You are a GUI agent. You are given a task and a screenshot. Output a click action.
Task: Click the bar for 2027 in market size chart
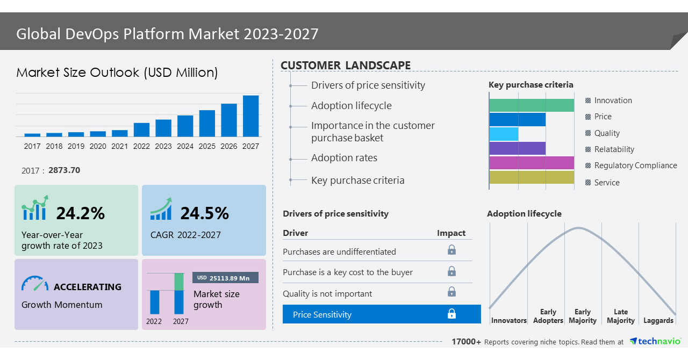pyautogui.click(x=250, y=116)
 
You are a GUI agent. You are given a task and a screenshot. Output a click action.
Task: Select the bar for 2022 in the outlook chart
pyautogui.click(x=141, y=129)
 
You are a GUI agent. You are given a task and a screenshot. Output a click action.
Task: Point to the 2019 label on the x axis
pyautogui.click(x=76, y=146)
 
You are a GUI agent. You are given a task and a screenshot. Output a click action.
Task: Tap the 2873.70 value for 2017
pyautogui.click(x=64, y=170)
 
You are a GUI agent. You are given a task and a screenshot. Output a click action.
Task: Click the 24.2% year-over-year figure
pyautogui.click(x=81, y=213)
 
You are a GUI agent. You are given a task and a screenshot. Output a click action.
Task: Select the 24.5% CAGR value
pyautogui.click(x=204, y=213)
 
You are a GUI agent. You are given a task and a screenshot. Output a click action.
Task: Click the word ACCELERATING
pyautogui.click(x=88, y=287)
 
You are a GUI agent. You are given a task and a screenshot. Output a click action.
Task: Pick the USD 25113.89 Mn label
pyautogui.click(x=225, y=278)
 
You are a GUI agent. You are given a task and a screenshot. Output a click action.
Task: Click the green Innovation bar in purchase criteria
pyautogui.click(x=532, y=105)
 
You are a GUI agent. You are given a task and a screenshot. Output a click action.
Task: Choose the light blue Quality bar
pyautogui.click(x=504, y=134)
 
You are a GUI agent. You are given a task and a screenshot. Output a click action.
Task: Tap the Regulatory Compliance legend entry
pyautogui.click(x=635, y=165)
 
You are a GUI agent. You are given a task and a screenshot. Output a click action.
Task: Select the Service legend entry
pyautogui.click(x=606, y=183)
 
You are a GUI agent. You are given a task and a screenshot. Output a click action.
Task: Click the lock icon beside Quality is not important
pyautogui.click(x=452, y=292)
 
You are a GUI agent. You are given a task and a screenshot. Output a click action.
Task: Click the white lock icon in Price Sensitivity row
pyautogui.click(x=452, y=314)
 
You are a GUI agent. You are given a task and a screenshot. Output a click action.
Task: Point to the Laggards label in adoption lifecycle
pyautogui.click(x=658, y=321)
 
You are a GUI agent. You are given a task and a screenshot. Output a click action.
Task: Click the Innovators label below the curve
pyautogui.click(x=508, y=321)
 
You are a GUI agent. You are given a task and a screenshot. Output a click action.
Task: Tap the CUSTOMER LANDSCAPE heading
pyautogui.click(x=346, y=66)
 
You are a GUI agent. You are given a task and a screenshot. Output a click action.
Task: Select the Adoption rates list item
pyautogui.click(x=344, y=158)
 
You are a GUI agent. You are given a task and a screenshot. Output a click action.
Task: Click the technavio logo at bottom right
pyautogui.click(x=655, y=342)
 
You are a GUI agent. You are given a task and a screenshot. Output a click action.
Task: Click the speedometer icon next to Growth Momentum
pyautogui.click(x=34, y=284)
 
